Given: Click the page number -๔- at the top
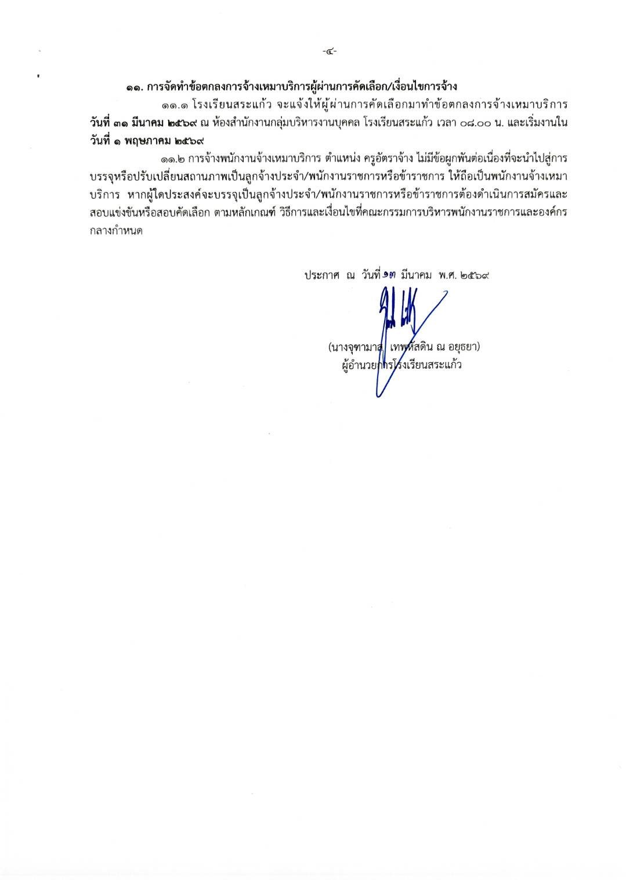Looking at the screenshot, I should click(x=330, y=52).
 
